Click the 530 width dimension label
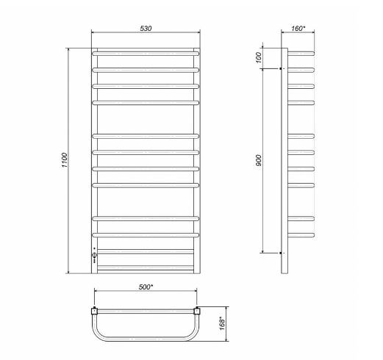(x=145, y=28)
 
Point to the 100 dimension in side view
(x=259, y=58)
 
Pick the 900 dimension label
(x=259, y=160)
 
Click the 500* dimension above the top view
(x=145, y=287)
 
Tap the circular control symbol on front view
(x=95, y=256)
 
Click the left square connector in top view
(x=94, y=311)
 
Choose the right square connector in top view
(x=196, y=311)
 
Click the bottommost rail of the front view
(x=145, y=268)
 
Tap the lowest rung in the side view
(x=303, y=234)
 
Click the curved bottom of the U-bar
(x=145, y=341)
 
